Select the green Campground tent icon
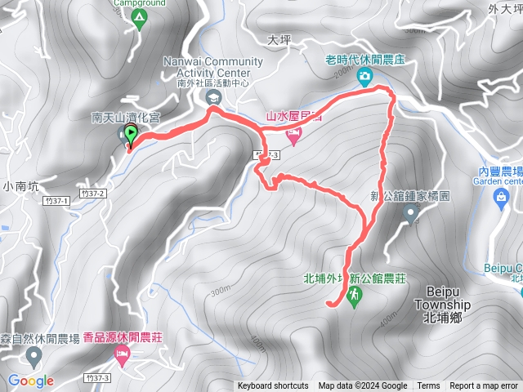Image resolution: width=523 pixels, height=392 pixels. click(137, 16)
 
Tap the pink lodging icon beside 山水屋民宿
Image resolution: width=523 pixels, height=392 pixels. click(294, 133)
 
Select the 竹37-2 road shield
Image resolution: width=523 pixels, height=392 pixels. click(93, 194)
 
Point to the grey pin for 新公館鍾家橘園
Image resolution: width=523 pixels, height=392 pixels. click(411, 214)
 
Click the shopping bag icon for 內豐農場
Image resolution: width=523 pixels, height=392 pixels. click(500, 204)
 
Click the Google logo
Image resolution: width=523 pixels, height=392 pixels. click(31, 381)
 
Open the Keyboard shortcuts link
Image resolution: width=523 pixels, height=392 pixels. click(273, 386)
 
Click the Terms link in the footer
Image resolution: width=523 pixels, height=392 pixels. click(428, 386)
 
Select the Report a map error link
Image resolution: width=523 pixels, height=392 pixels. click(484, 386)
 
